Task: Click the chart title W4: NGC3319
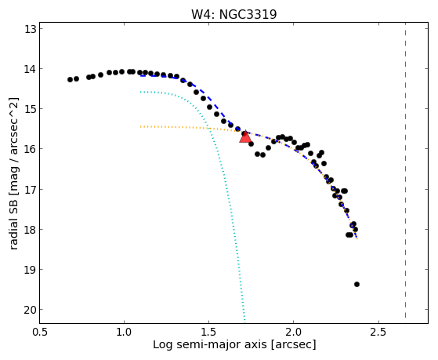tap(233, 14)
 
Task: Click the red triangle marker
tap(245, 136)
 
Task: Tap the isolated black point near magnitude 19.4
tap(357, 284)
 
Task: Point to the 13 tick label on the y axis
tap(31, 29)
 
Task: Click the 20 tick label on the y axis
tap(31, 310)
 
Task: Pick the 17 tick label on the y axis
tap(31, 189)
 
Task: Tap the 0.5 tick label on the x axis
tap(40, 332)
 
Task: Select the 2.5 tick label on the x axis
tap(378, 332)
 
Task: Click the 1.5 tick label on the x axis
tap(209, 332)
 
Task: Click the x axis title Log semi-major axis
tap(210, 344)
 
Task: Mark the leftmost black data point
tap(70, 80)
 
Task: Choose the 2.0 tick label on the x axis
tap(293, 332)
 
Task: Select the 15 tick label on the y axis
tap(31, 108)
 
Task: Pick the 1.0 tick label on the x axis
tap(124, 332)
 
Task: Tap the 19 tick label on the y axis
tap(31, 270)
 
